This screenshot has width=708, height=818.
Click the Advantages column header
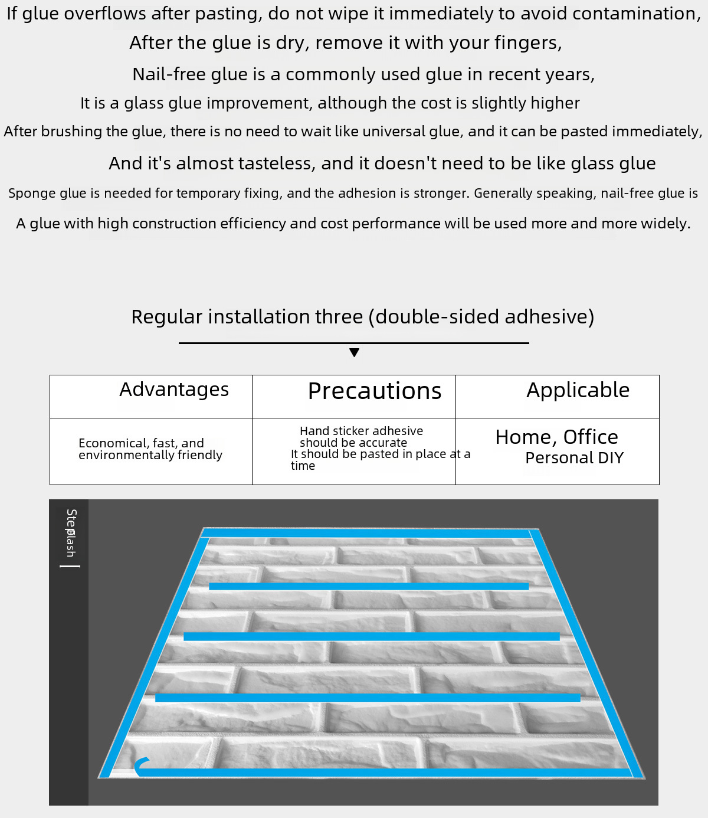click(x=174, y=390)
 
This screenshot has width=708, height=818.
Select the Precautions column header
click(x=375, y=391)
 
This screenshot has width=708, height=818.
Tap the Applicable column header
click(x=578, y=390)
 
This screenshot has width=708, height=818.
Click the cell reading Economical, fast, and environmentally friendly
click(x=150, y=449)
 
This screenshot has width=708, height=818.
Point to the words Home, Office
click(x=556, y=437)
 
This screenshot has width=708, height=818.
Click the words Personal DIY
click(x=574, y=458)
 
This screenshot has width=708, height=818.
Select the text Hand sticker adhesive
click(x=361, y=431)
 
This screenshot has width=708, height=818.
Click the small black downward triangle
click(x=354, y=353)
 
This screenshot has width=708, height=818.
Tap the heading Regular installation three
click(x=362, y=317)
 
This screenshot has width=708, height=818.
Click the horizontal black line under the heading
click(x=354, y=343)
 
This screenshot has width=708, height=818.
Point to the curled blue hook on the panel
click(x=140, y=765)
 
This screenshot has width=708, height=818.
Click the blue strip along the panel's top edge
click(x=366, y=533)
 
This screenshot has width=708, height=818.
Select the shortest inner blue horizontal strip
click(x=369, y=587)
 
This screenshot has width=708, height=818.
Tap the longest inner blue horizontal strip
click(x=368, y=698)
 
